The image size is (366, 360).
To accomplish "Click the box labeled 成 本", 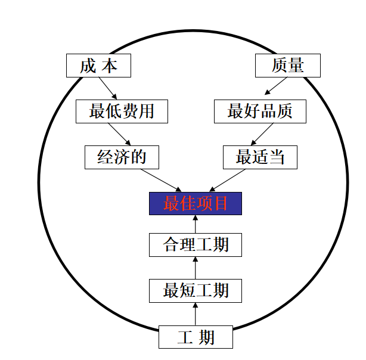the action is coord(98,66).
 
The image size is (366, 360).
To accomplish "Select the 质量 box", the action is coord(288,66).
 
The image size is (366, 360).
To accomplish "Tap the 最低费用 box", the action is coord(122,111).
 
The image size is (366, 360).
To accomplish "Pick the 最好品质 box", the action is coord(260,111).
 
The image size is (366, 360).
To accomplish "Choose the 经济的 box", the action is coord(122,157).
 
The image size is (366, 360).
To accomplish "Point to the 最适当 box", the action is coord(260,157).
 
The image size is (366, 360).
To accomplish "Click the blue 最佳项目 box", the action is coord(196,204).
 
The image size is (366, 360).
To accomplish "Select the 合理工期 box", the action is coord(196,245).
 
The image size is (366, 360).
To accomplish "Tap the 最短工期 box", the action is coord(196,291).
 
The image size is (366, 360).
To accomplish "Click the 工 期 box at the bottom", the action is coord(196,337).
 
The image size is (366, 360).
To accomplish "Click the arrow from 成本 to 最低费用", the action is coord(108,88).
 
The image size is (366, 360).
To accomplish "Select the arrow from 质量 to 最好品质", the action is coord(275,86).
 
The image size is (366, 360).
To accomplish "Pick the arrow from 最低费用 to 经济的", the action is coord(119,134).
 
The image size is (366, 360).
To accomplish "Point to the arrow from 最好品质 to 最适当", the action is coord(262,134).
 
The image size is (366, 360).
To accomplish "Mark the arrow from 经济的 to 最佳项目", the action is coord(161,181).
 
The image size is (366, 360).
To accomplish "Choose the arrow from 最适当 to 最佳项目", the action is coord(227,180).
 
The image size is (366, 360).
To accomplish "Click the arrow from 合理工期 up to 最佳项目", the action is coord(196,224).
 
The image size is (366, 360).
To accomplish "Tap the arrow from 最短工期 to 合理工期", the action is coord(196,268).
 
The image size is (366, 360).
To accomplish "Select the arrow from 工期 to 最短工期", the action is coord(196,314).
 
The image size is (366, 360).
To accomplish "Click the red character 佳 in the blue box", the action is coord(187,203).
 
